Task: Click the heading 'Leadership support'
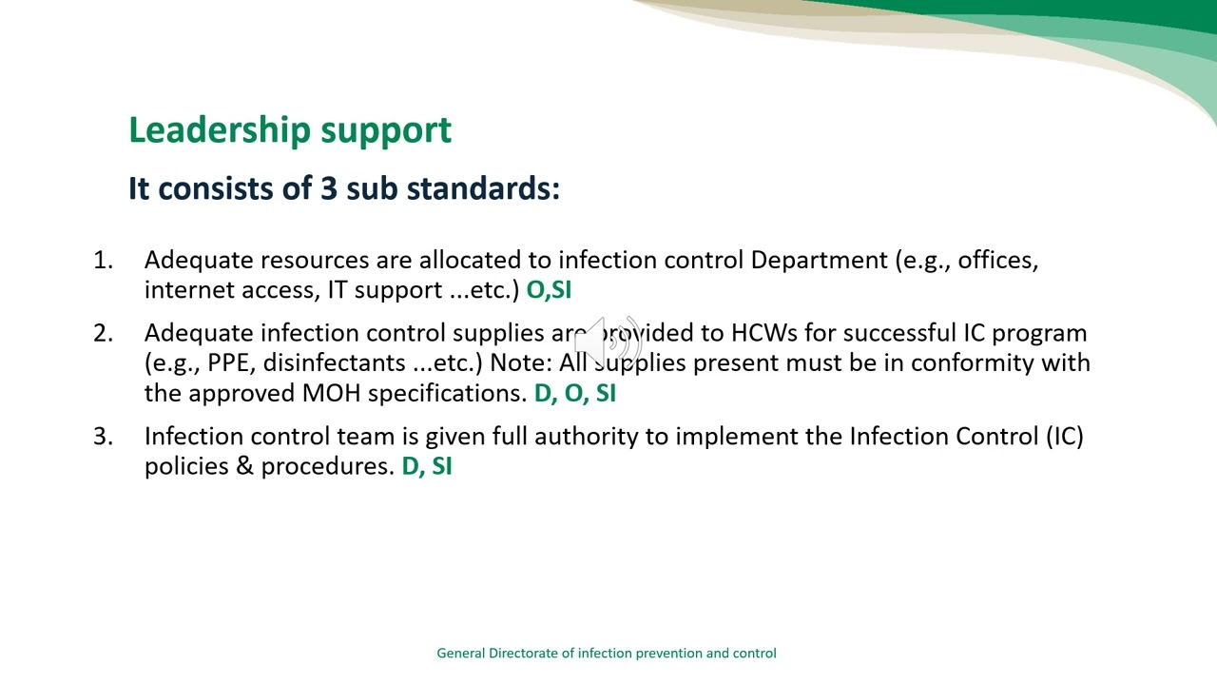point(290,130)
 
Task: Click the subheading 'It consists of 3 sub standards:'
point(343,188)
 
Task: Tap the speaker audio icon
point(608,340)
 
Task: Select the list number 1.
point(103,261)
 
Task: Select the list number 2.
point(103,333)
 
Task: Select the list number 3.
point(103,437)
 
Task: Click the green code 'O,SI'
point(549,290)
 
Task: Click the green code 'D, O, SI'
point(574,393)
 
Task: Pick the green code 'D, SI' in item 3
point(426,466)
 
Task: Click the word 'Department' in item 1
point(819,261)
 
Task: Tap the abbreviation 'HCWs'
point(763,333)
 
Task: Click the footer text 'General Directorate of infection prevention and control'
point(607,654)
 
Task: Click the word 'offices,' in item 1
point(997,261)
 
